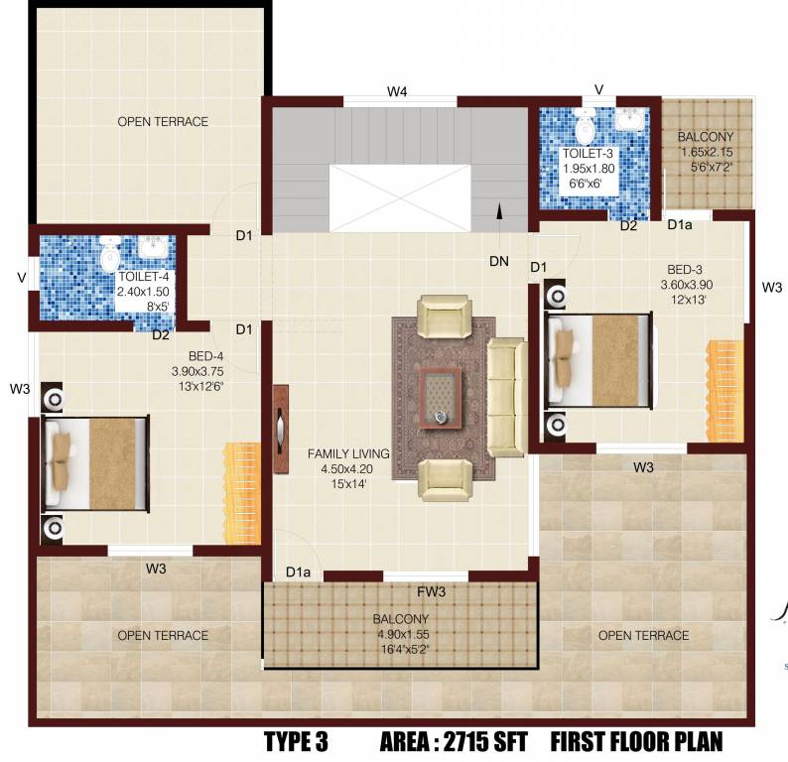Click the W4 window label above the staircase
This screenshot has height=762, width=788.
397,91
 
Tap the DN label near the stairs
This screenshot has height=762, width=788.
499,262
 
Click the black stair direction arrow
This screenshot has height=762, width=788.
499,210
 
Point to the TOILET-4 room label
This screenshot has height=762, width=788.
145,278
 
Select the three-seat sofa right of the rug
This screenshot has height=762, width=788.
506,397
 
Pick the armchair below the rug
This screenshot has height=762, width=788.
443,480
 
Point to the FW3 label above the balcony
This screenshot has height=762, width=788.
430,593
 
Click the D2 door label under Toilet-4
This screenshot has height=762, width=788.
161,334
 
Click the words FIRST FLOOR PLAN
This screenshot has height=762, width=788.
636,741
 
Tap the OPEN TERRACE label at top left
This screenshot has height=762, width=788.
163,122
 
